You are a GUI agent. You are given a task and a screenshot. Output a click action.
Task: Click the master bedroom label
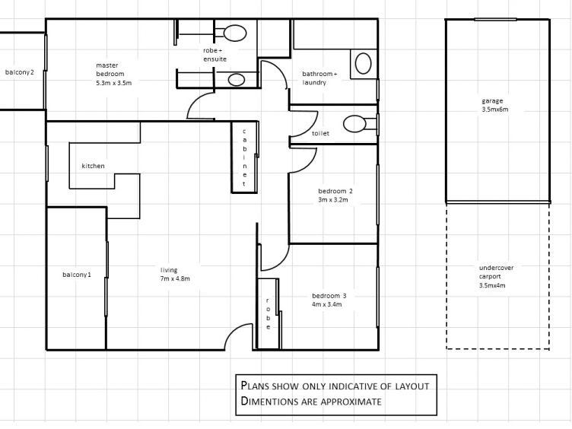click(113, 74)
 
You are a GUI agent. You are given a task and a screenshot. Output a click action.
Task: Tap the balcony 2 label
click(20, 72)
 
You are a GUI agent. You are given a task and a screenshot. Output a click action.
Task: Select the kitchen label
click(94, 166)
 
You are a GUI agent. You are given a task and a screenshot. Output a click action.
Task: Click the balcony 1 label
click(77, 275)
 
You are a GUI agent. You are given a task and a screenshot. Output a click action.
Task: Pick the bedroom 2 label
click(335, 195)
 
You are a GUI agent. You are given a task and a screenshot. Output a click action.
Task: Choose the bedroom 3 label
click(329, 300)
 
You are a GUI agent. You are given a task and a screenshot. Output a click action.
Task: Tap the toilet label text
click(320, 134)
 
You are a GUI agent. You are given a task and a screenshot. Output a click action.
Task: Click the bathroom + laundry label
click(319, 78)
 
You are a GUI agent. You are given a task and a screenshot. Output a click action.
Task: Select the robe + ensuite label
click(214, 55)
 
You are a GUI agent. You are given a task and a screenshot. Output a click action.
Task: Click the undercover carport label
click(496, 277)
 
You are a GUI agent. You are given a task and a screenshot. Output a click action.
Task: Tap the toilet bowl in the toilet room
click(354, 123)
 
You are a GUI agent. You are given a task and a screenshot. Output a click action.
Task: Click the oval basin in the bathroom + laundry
click(364, 62)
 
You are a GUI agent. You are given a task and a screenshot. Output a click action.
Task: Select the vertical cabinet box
click(244, 157)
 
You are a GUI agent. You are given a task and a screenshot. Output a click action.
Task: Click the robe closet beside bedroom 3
click(268, 313)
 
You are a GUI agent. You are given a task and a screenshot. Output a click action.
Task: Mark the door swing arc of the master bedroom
click(199, 106)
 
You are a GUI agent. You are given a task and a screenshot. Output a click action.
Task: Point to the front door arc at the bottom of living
click(239, 336)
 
